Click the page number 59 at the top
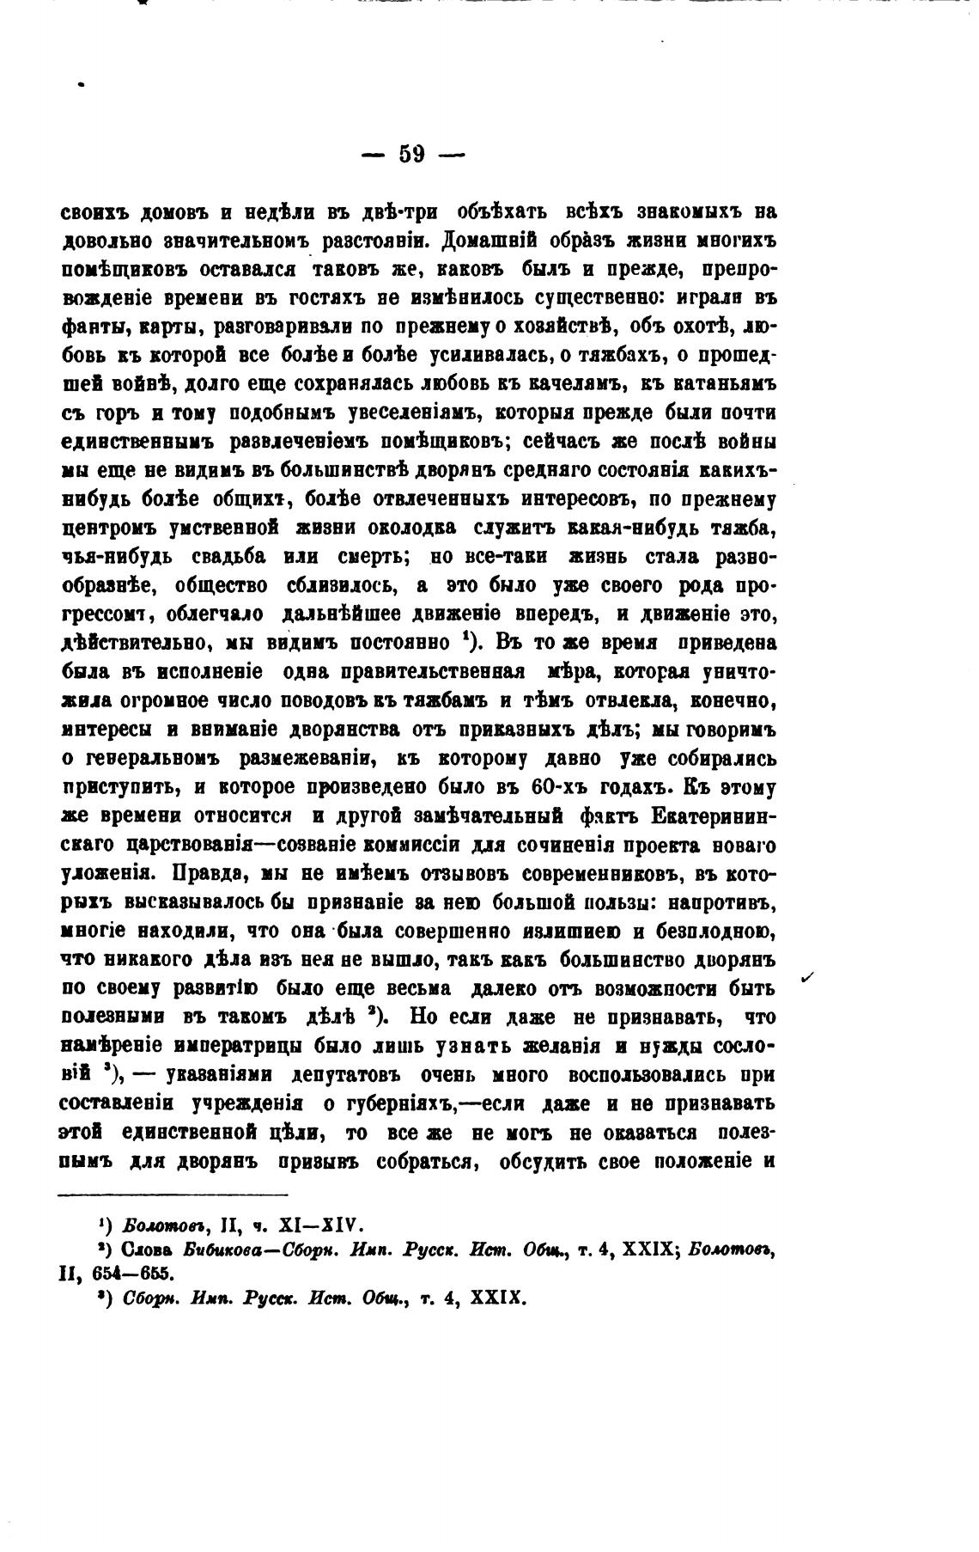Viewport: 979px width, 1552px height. (x=412, y=155)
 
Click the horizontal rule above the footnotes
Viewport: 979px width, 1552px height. (x=172, y=1195)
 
